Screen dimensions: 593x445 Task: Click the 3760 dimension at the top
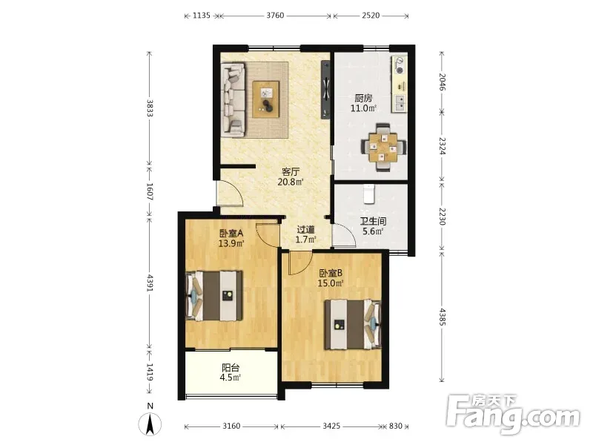(275, 16)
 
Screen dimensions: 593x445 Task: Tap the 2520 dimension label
(370, 16)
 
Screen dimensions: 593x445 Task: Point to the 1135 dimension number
(201, 16)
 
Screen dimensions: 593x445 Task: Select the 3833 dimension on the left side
(150, 108)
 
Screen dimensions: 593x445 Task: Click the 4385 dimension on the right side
(443, 317)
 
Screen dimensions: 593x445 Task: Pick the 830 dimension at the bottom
(396, 426)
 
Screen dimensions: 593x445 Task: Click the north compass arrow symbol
(150, 424)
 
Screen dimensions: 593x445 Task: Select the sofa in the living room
(233, 100)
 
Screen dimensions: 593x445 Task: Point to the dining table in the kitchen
(383, 147)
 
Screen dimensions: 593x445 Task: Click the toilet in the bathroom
(368, 194)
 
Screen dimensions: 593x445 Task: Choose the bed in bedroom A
(214, 295)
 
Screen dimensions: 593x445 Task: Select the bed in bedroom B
(353, 324)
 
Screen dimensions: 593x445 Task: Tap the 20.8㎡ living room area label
(291, 182)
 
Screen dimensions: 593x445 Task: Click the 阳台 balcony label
(231, 367)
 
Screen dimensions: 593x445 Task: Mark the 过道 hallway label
(305, 230)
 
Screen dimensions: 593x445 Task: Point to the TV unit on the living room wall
(325, 89)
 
